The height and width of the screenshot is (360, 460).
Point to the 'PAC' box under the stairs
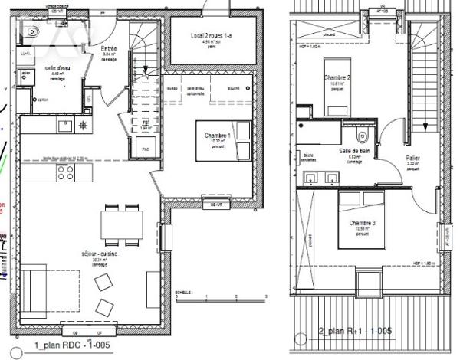(x=145, y=149)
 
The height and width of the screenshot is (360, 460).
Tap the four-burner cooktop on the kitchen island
(x=64, y=173)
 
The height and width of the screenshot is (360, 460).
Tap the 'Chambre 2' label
(x=337, y=78)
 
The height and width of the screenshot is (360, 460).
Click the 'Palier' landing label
(x=412, y=159)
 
